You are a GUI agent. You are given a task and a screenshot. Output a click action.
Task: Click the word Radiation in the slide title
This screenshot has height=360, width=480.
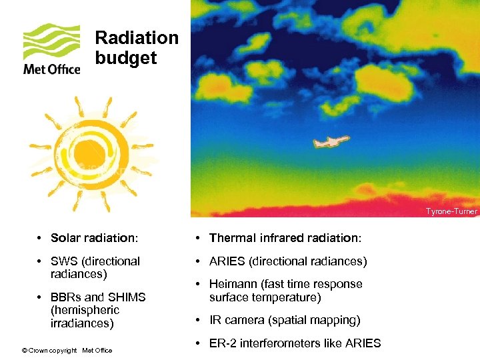click(x=137, y=38)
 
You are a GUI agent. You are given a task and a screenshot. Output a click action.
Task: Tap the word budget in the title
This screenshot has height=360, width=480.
click(x=125, y=58)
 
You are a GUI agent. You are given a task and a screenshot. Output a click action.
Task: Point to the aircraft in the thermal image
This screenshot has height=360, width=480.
click(x=331, y=142)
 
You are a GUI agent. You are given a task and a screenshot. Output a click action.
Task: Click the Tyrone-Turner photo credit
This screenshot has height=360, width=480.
click(x=451, y=211)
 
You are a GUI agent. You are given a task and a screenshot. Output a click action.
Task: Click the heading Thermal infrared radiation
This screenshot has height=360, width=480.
click(x=284, y=238)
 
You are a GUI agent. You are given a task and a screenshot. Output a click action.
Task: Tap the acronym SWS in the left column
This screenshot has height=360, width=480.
click(x=64, y=261)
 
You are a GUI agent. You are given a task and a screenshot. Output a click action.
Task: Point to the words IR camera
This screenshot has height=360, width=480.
click(x=237, y=320)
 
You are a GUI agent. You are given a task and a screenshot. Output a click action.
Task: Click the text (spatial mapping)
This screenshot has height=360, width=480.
click(x=313, y=320)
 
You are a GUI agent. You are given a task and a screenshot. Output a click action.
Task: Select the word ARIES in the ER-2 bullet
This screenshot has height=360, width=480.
click(x=363, y=343)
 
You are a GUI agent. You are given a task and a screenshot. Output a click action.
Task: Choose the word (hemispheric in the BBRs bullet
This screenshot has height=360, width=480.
click(x=85, y=310)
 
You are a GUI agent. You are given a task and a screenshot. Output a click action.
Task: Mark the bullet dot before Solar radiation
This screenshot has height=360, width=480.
click(x=41, y=239)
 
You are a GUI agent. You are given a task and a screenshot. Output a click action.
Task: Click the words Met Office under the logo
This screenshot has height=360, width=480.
click(x=51, y=69)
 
